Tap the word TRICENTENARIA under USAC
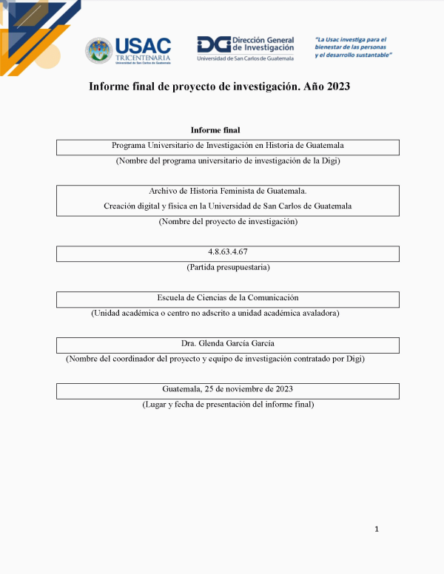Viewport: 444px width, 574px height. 143,58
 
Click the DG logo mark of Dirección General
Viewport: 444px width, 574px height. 213,44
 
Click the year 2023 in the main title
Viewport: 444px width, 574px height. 336,87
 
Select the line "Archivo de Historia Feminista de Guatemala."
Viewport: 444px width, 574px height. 227,191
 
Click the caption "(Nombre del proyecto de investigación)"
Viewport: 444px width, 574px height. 228,221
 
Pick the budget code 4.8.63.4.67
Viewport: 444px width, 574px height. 228,251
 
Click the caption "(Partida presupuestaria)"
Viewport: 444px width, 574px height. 228,266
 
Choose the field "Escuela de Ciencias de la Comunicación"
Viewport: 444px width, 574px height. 228,297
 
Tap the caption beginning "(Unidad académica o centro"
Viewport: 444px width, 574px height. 215,313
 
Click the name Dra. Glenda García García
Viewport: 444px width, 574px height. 228,343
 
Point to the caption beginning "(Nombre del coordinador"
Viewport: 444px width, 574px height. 215,359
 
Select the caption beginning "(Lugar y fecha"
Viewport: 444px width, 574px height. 228,405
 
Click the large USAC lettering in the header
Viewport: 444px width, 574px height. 143,45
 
